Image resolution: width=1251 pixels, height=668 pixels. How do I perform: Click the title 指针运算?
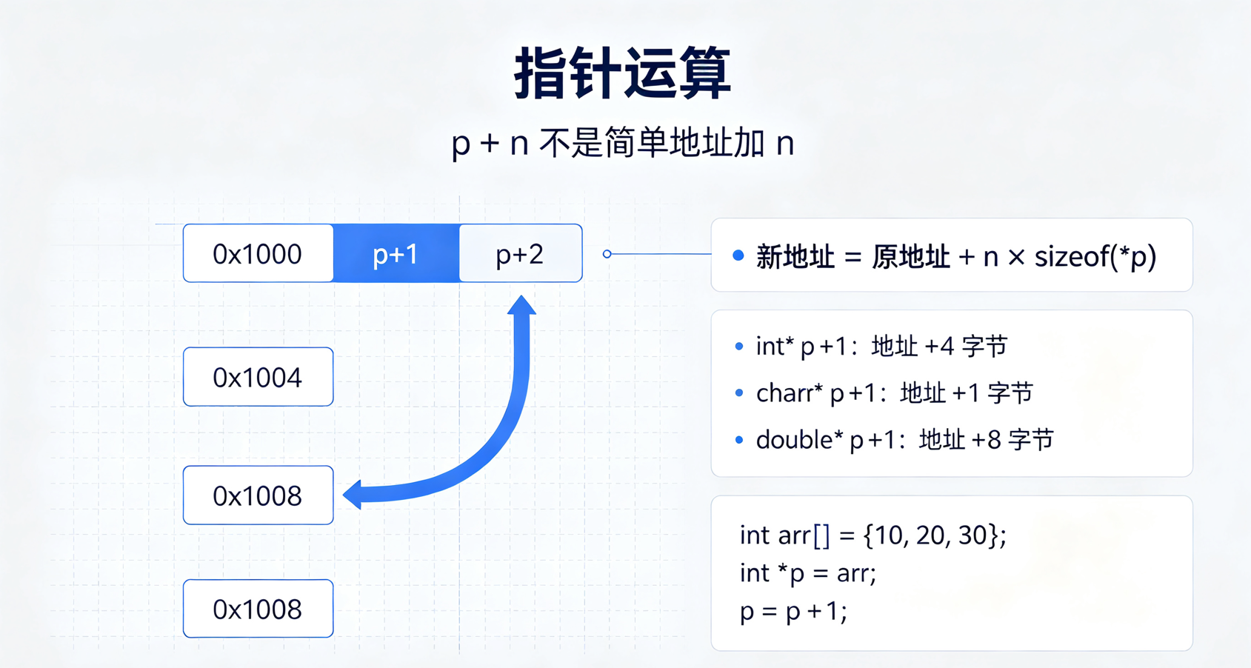[622, 73]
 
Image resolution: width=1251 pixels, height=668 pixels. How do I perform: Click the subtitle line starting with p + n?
[623, 143]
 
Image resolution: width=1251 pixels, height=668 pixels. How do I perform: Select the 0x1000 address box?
[258, 253]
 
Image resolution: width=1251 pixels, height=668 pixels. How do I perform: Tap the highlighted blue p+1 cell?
[396, 253]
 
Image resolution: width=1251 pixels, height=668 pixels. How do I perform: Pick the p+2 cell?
[521, 253]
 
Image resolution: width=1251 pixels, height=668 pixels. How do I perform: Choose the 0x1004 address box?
[258, 376]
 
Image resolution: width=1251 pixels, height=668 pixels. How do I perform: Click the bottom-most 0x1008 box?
[258, 608]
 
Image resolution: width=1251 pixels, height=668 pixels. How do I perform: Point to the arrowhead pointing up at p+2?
[521, 305]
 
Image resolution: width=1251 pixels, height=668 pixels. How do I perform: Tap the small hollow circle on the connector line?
[607, 254]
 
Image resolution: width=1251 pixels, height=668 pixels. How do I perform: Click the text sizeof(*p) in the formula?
[1095, 257]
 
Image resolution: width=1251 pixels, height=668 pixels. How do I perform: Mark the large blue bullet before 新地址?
[738, 255]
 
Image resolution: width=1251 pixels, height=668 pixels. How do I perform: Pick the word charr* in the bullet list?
[790, 393]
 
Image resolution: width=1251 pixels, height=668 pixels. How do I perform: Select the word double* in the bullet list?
[799, 440]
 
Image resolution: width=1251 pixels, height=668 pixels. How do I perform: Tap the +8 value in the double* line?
[987, 440]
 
